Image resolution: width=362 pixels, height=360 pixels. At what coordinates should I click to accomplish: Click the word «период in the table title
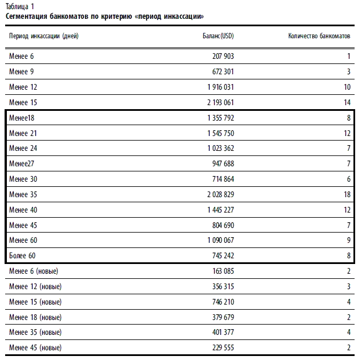point(161,16)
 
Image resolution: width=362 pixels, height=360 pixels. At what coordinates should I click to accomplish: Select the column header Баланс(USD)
point(218,36)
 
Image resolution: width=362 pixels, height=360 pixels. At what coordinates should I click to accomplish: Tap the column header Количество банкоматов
point(319,36)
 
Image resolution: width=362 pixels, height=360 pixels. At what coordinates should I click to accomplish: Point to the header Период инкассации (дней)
point(44,36)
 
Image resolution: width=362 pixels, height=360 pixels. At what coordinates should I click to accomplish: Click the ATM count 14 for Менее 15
point(347,102)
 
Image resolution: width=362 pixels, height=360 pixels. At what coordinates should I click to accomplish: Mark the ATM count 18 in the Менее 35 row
point(347,195)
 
